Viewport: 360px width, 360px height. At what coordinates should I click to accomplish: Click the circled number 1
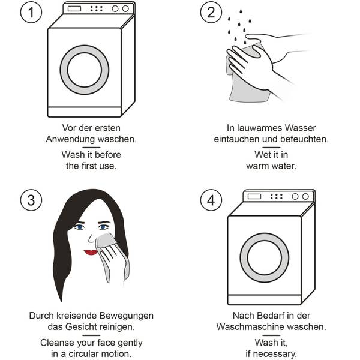click(31, 12)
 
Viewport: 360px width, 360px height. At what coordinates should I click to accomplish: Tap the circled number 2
click(211, 12)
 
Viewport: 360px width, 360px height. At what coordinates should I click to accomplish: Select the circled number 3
click(31, 200)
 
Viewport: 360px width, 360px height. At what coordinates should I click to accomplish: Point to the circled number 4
click(211, 200)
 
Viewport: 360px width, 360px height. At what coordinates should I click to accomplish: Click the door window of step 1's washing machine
click(85, 70)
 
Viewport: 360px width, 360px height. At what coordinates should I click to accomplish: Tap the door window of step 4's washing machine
click(265, 257)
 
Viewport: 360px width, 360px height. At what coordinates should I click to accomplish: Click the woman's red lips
click(91, 252)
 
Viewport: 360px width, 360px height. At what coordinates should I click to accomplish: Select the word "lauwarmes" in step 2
click(260, 128)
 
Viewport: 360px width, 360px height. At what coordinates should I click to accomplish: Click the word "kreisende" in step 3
click(77, 316)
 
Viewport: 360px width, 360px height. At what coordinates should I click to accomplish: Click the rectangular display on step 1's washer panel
click(74, 9)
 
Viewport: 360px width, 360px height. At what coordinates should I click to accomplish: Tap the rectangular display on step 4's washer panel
click(254, 197)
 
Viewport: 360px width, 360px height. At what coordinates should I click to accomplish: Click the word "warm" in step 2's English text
click(257, 166)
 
